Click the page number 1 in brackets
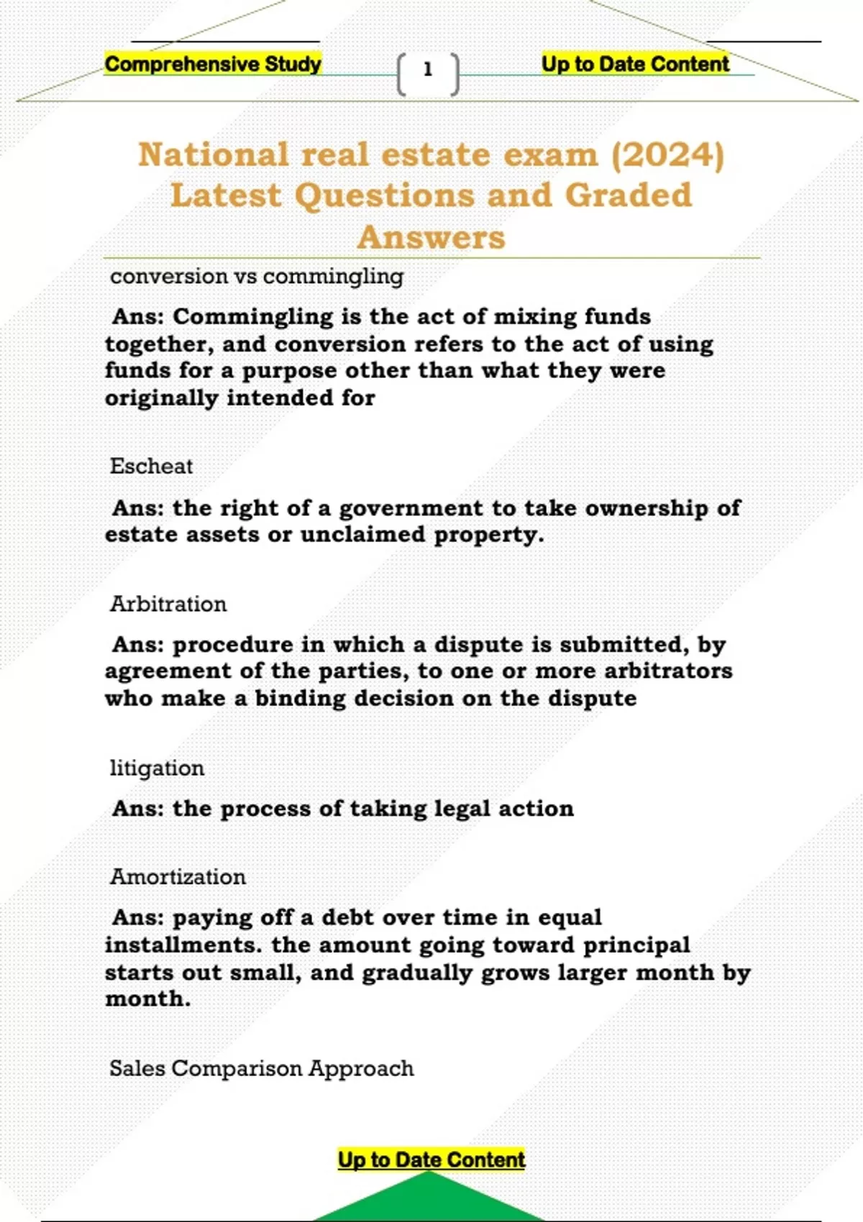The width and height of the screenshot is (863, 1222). [428, 70]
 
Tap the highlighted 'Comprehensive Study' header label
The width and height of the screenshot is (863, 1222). [213, 64]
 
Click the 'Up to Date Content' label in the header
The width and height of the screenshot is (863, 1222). [635, 64]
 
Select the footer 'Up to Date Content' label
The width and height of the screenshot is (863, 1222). [431, 1159]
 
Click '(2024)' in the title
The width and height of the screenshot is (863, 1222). [667, 155]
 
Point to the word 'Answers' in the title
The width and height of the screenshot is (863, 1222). [431, 237]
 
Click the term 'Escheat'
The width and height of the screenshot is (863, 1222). [151, 466]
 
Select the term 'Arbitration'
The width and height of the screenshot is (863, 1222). [168, 604]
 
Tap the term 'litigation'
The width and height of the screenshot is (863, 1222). [157, 768]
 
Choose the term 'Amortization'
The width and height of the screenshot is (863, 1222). [178, 877]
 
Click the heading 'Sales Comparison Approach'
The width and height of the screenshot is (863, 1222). [262, 1068]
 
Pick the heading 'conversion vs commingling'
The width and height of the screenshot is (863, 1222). [257, 276]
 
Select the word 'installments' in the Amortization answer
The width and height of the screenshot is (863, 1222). [183, 945]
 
